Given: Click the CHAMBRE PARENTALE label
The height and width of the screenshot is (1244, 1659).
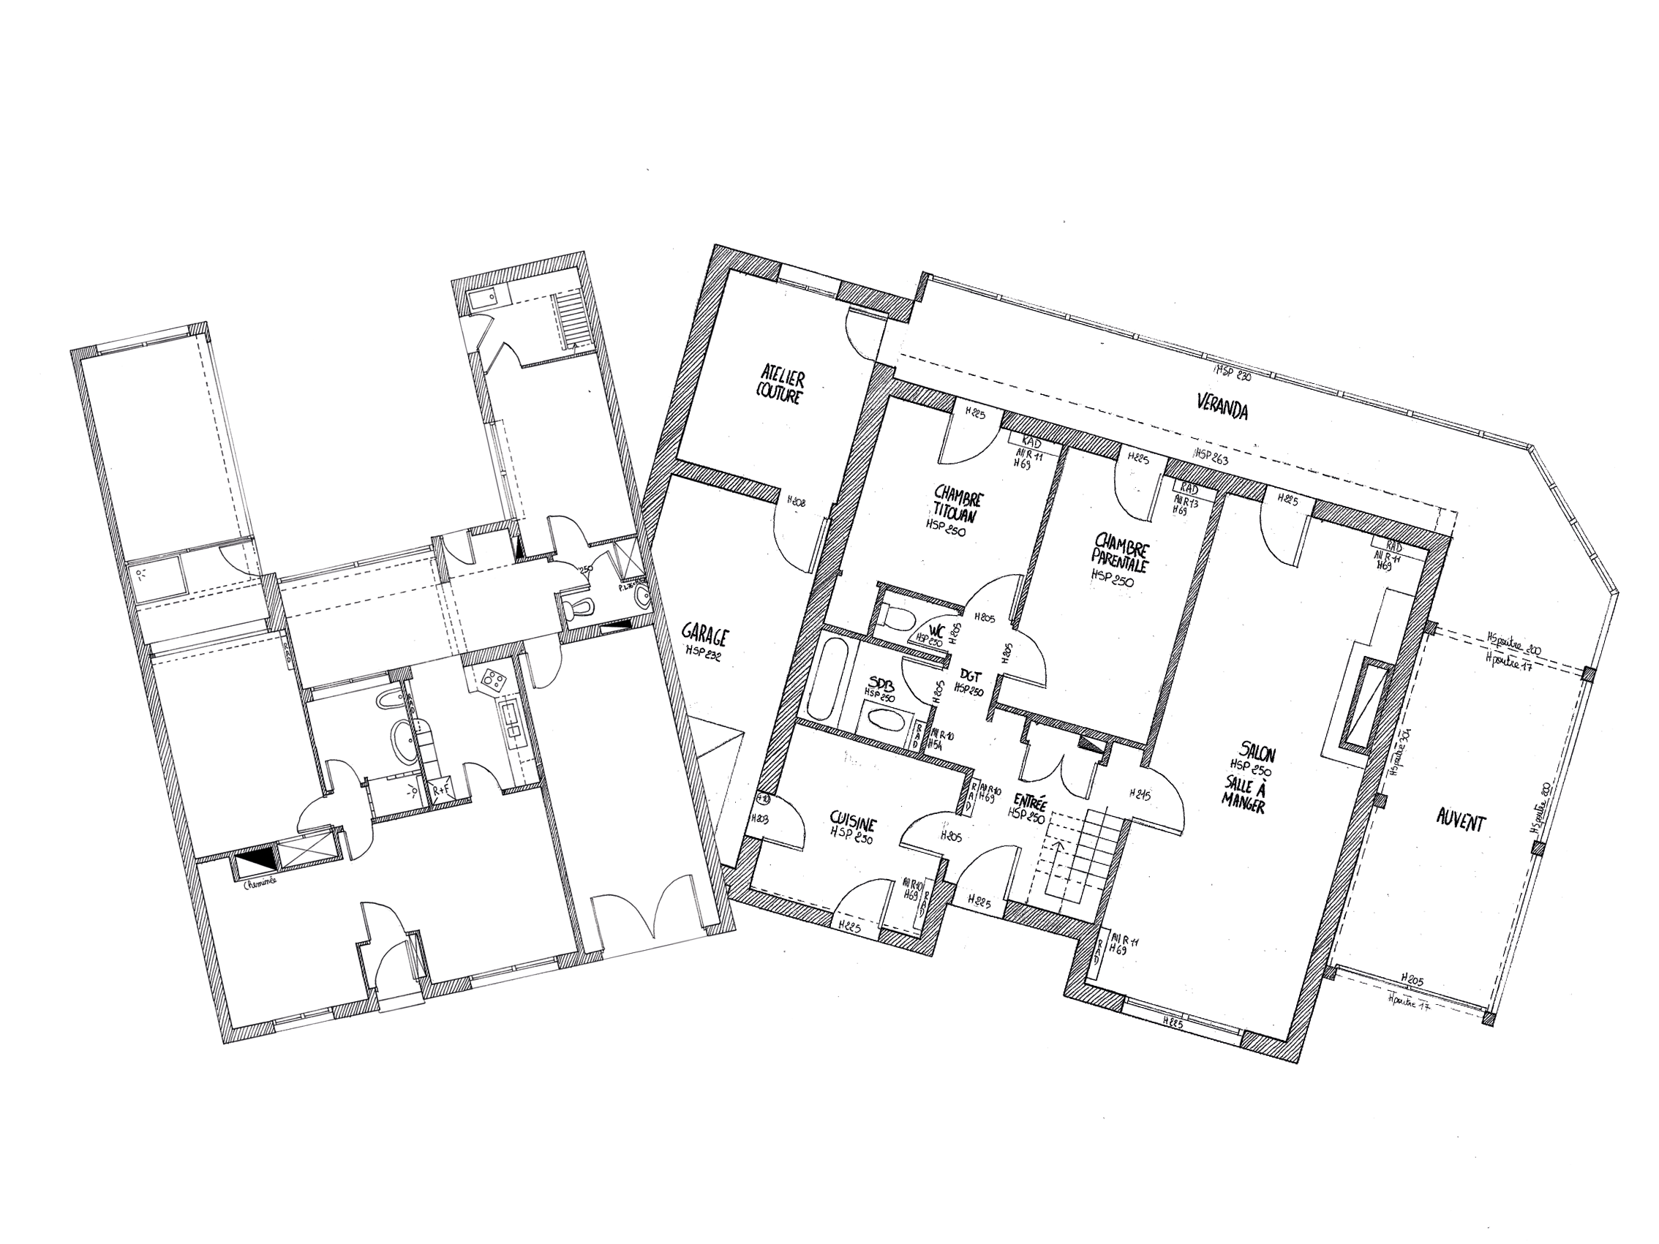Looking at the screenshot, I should click(x=1121, y=554).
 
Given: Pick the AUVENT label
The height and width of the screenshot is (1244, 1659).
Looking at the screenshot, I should click(x=1460, y=823).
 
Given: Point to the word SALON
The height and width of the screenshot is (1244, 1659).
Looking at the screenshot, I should click(x=1257, y=753).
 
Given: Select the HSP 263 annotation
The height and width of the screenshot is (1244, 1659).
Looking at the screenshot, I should click(x=1211, y=455).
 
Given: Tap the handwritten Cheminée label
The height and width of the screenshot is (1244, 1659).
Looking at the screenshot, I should click(x=260, y=882).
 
